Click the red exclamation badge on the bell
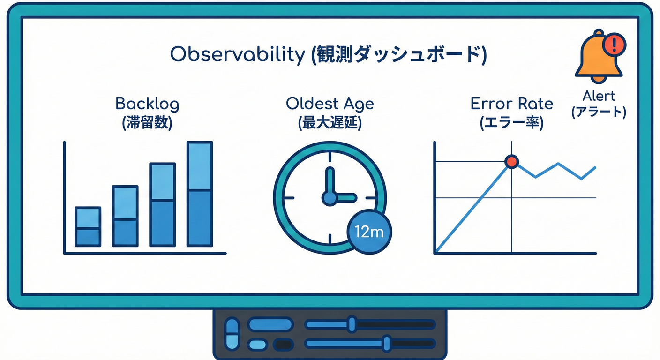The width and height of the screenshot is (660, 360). point(615,45)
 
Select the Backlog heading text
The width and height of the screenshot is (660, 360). point(147,104)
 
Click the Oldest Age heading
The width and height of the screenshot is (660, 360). point(330,104)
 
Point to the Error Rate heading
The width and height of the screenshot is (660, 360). point(512,104)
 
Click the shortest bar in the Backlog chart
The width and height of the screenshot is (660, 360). point(88,226)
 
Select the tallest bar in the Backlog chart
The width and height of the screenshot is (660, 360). point(200,194)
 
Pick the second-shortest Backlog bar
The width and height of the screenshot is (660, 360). point(125,216)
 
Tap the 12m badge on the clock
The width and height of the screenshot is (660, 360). point(369,232)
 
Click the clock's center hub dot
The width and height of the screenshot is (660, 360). point(330,198)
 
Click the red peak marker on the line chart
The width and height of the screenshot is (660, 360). point(511,162)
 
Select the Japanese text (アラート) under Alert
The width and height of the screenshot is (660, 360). point(599,113)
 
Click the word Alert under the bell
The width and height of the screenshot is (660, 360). point(599,96)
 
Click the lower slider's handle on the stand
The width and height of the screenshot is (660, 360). point(387,344)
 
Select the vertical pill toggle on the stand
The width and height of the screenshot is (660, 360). point(232,334)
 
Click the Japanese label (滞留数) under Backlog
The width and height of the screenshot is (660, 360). point(147,123)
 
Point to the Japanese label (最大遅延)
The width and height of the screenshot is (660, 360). point(330,123)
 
